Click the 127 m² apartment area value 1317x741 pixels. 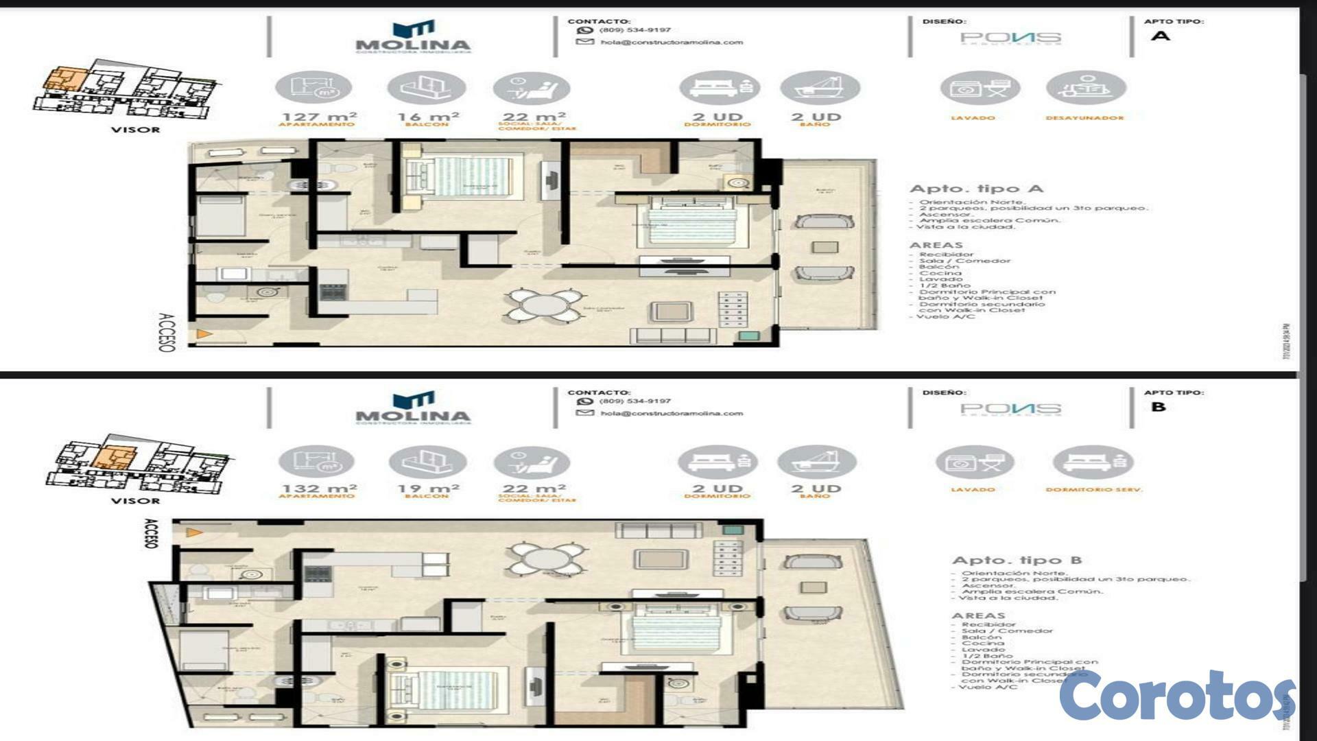click(x=319, y=117)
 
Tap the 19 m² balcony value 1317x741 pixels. click(x=428, y=489)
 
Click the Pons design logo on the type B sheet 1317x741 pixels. click(x=1010, y=409)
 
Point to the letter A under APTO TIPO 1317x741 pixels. click(x=1160, y=36)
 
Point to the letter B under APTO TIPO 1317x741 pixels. click(x=1159, y=407)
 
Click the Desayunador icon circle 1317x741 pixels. click(x=1085, y=89)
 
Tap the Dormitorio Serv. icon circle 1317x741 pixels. click(x=1093, y=462)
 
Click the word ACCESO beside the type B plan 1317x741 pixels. click(x=150, y=533)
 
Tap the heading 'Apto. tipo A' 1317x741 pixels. click(x=975, y=189)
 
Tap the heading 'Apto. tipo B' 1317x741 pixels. click(x=1017, y=560)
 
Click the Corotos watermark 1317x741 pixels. click(x=1176, y=696)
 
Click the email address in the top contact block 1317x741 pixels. click(x=671, y=43)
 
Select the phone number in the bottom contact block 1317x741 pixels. click(x=634, y=401)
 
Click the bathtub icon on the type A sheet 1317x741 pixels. click(x=820, y=89)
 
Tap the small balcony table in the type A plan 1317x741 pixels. click(x=824, y=247)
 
